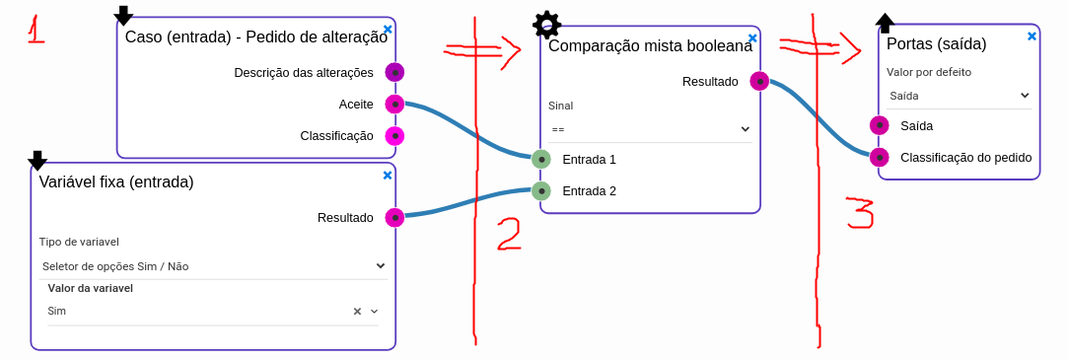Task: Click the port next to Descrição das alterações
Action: pyautogui.click(x=394, y=72)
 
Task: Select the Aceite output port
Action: pyautogui.click(x=394, y=104)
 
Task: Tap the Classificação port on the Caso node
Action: pyautogui.click(x=394, y=136)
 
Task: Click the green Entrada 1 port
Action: pyautogui.click(x=540, y=159)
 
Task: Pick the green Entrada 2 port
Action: pyautogui.click(x=540, y=190)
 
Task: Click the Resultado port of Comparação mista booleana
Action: pyautogui.click(x=758, y=81)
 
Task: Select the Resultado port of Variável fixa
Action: pyautogui.click(x=394, y=217)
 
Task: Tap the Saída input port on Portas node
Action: pyautogui.click(x=880, y=125)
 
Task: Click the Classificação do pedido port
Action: pyautogui.click(x=880, y=157)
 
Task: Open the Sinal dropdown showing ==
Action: pyautogui.click(x=650, y=128)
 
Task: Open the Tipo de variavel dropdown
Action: pyautogui.click(x=213, y=265)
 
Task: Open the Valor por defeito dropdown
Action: pyautogui.click(x=958, y=95)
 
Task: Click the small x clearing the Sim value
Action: pyautogui.click(x=357, y=312)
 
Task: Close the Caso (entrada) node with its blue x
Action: pyautogui.click(x=388, y=30)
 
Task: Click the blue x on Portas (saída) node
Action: pyautogui.click(x=1032, y=36)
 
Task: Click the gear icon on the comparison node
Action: pyautogui.click(x=546, y=24)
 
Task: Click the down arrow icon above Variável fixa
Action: pyautogui.click(x=37, y=161)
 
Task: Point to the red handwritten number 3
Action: pyautogui.click(x=860, y=213)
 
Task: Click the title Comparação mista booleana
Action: pyautogui.click(x=650, y=45)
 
